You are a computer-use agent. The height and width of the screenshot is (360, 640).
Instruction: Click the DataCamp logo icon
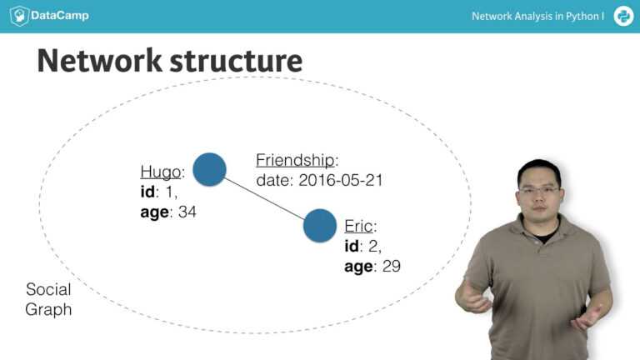(19, 16)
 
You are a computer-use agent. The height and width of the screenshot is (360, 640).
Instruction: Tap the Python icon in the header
(623, 16)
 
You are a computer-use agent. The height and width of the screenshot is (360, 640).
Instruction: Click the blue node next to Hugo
(209, 169)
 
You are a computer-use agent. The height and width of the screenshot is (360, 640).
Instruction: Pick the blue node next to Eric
(319, 226)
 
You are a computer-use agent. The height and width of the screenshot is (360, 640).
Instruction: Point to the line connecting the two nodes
(264, 197)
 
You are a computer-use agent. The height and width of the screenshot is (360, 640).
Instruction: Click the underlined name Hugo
(160, 172)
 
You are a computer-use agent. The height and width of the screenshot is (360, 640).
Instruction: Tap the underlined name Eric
(358, 226)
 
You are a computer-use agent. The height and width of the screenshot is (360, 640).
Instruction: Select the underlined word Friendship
(295, 160)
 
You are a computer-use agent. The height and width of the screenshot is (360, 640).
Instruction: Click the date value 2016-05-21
(340, 180)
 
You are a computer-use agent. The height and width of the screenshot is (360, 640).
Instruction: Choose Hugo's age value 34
(187, 212)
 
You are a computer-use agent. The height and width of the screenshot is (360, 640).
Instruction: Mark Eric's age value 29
(391, 266)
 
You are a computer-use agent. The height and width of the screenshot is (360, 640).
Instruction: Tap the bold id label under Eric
(351, 246)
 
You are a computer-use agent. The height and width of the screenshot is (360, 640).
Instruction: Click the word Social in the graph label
(48, 290)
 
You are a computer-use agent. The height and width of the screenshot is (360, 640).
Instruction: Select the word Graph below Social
(48, 310)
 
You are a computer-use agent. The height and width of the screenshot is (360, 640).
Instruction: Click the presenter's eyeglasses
(538, 190)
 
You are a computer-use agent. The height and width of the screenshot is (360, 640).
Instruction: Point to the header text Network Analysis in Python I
(537, 16)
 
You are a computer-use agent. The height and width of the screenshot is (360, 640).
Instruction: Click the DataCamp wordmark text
(60, 16)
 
